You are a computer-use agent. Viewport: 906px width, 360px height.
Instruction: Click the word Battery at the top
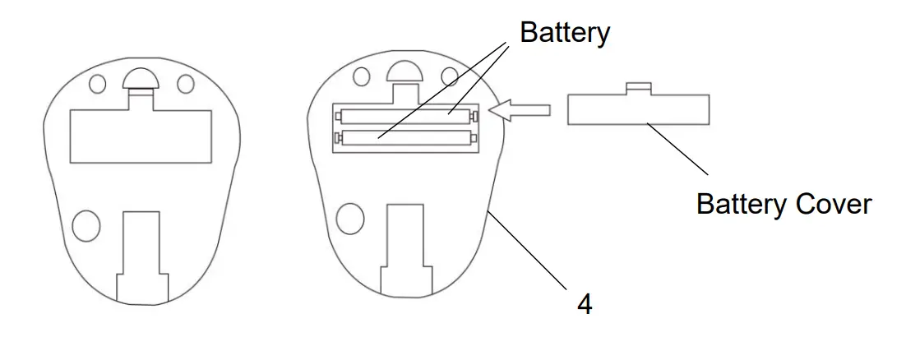pos(565,32)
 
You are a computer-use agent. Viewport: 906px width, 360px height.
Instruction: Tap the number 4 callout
pos(585,304)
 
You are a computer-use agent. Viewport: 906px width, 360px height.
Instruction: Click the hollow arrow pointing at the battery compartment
pos(522,110)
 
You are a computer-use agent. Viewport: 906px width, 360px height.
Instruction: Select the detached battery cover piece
pos(638,109)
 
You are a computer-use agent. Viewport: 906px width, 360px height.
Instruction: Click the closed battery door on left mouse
pos(141,136)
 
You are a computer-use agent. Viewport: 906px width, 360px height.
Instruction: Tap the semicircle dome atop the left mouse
pos(141,80)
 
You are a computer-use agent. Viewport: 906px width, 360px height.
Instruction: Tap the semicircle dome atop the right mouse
pos(404,73)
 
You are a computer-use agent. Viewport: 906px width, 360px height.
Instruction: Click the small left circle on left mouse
pos(98,84)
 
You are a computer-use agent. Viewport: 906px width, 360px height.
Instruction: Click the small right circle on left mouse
pos(186,84)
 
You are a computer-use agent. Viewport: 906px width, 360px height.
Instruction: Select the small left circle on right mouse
pos(362,76)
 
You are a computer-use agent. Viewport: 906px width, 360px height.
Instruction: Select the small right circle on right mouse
pos(449,76)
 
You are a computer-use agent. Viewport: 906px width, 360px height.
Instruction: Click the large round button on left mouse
pos(86,224)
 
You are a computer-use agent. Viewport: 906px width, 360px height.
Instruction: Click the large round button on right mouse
pos(350,216)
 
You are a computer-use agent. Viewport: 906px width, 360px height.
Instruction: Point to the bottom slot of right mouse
pos(404,247)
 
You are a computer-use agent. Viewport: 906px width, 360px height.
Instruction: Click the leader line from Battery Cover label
pos(678,148)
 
